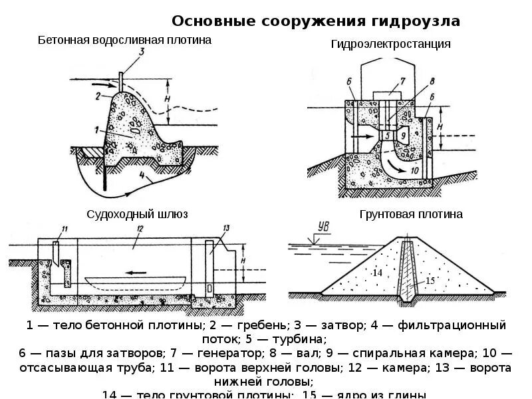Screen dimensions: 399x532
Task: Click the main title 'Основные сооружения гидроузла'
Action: tap(316, 21)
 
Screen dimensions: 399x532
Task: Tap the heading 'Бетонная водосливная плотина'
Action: tap(124, 40)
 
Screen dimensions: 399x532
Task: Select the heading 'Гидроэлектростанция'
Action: tap(391, 44)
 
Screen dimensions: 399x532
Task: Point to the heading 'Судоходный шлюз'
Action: tap(138, 214)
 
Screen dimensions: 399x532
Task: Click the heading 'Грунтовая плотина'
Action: tap(411, 214)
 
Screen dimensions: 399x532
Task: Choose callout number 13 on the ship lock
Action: tap(225, 228)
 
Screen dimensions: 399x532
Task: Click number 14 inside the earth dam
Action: tap(377, 273)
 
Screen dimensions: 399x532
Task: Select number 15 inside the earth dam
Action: tap(430, 280)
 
